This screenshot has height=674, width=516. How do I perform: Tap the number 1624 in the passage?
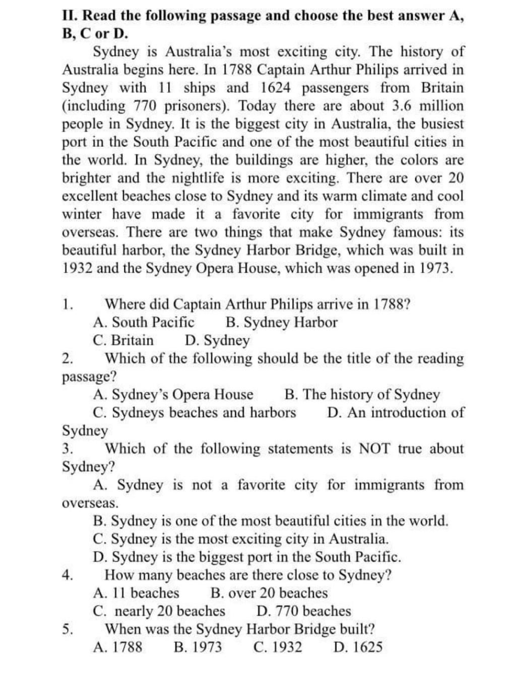[x=276, y=88]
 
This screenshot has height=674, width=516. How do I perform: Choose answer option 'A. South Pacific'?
[x=144, y=322]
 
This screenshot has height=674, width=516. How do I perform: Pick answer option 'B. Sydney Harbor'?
[x=282, y=322]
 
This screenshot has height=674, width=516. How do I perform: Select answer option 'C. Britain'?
[x=123, y=340]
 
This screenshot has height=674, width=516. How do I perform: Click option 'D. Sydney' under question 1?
[x=217, y=340]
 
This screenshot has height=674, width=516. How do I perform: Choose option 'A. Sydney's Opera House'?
[x=173, y=394]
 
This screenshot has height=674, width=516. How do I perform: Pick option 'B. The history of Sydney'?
[x=362, y=394]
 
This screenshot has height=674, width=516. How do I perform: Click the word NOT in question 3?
[x=374, y=449]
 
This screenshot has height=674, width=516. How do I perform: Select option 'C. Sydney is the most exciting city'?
[x=241, y=539]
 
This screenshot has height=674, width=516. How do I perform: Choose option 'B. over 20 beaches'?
[x=269, y=593]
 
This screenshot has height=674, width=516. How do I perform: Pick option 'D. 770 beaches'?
[x=303, y=611]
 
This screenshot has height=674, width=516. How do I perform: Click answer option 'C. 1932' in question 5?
[x=278, y=647]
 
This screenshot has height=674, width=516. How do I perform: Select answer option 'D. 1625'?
[x=358, y=647]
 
